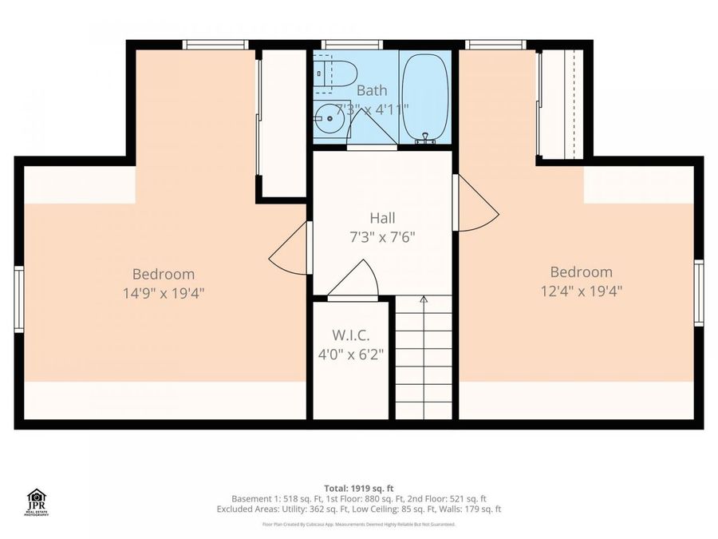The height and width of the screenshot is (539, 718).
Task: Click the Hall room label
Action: coord(382,217)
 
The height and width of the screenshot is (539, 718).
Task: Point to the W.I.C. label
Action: coord(351,335)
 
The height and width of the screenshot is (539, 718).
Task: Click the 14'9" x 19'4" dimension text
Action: coord(164,292)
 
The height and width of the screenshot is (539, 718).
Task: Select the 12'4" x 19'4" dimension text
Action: coord(581,291)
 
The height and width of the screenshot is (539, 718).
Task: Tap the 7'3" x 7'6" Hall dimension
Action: coord(382,237)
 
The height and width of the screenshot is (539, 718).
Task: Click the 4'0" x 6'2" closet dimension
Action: coord(351,353)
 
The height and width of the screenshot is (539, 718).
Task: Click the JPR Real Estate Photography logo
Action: coord(37,502)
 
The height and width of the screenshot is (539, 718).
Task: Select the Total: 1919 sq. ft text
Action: coord(358,488)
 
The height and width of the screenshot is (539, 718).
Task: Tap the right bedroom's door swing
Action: coord(475,204)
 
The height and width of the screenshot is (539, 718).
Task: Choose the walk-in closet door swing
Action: coord(354,281)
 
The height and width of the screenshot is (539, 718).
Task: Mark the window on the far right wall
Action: coord(698,293)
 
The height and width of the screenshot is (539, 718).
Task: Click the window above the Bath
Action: coord(352,45)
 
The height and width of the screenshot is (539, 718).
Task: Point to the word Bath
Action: coord(372,91)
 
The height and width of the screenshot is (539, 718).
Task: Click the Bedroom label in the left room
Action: coord(164,274)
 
